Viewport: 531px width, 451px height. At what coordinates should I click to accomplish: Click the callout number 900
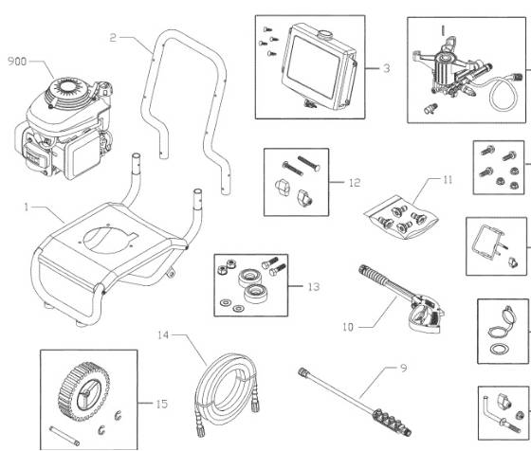[x=16, y=63]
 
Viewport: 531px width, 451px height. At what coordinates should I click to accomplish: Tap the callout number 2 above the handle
[x=112, y=38]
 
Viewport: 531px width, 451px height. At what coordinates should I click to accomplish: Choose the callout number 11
[x=422, y=178]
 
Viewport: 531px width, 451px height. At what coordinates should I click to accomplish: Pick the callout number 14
[x=164, y=335]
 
